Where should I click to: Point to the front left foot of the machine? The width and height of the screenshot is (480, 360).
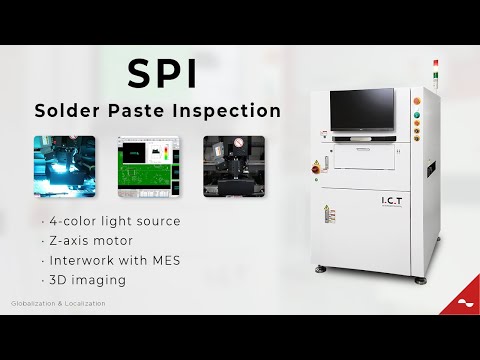point(320,270)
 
